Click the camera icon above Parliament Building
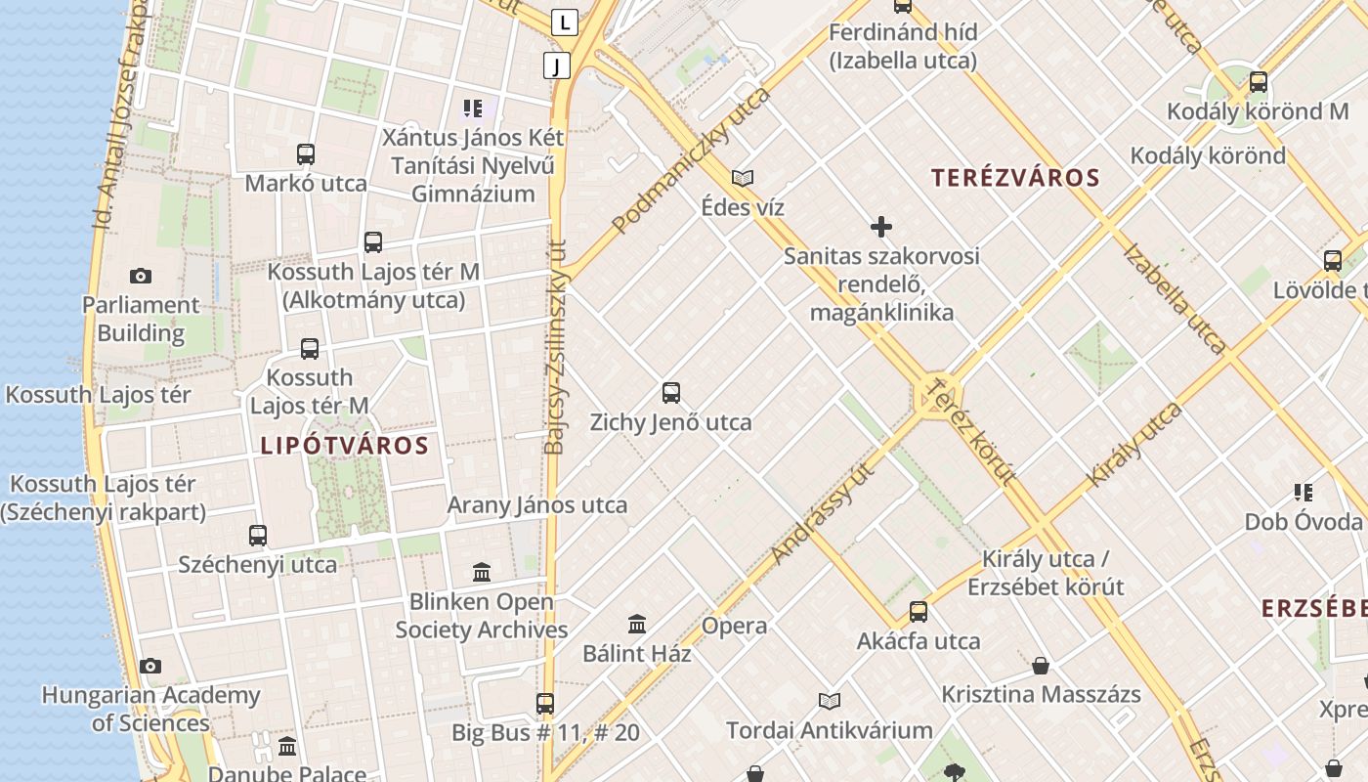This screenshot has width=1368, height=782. [x=141, y=277]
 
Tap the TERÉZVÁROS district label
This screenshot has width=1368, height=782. [x=1015, y=178]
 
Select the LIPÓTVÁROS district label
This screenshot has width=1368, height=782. [x=344, y=446]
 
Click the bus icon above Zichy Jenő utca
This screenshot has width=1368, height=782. [x=670, y=393]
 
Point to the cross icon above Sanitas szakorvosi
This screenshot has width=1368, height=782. [x=880, y=228]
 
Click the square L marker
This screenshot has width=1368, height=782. [x=565, y=22]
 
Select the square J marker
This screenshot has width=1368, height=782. [x=557, y=65]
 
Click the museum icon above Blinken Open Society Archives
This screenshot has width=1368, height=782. [x=482, y=572]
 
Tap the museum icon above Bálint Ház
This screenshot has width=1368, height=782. [x=637, y=624]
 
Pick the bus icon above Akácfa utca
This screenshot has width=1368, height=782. [x=919, y=612]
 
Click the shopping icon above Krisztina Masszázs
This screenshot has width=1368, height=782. [x=1041, y=666]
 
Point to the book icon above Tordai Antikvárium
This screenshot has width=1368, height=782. [x=830, y=701]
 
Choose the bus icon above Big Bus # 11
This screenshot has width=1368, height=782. [x=545, y=703]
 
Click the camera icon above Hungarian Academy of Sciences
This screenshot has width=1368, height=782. [x=150, y=667]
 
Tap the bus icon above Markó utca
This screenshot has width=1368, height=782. [x=306, y=154]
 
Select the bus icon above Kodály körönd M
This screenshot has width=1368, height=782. [x=1258, y=82]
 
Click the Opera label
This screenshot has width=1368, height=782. [x=734, y=626]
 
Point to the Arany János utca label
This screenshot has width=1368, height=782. [x=537, y=505]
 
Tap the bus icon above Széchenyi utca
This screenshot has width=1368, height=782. [x=258, y=536]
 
